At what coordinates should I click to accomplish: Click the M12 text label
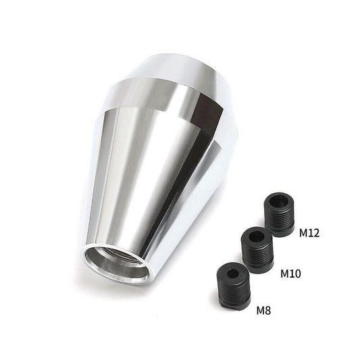[309, 233]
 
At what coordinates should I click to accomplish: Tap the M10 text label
[290, 274]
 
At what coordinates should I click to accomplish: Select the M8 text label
[263, 311]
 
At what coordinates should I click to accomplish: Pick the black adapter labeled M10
[257, 250]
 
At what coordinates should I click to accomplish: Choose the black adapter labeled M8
[234, 286]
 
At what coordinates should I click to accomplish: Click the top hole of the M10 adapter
[256, 236]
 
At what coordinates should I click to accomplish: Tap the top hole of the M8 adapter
[234, 274]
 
